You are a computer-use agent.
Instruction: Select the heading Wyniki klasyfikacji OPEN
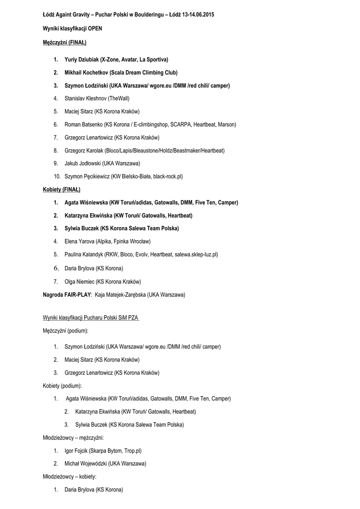point(73,29)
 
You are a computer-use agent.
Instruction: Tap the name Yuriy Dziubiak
point(82,60)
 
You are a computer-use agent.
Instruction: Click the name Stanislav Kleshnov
point(86,98)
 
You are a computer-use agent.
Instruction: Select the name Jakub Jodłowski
point(83,163)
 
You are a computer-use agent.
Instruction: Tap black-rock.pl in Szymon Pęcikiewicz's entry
point(168,176)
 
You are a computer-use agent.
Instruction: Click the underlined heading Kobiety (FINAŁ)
point(62,189)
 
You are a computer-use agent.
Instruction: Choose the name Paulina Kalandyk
point(84,254)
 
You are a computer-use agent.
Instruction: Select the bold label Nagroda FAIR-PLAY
point(67,295)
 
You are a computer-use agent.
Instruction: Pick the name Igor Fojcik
point(76,451)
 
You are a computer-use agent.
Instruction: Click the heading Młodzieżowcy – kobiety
point(70,477)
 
